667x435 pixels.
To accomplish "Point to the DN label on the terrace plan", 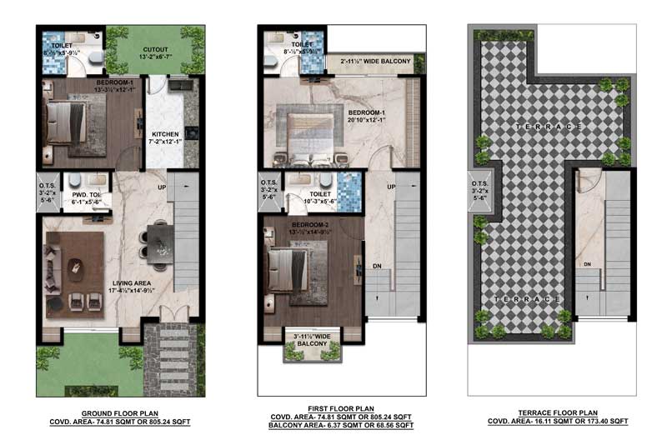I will pyautogui.click(x=588, y=265).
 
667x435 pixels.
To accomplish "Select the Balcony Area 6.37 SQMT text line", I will pyautogui.click(x=338, y=424).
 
